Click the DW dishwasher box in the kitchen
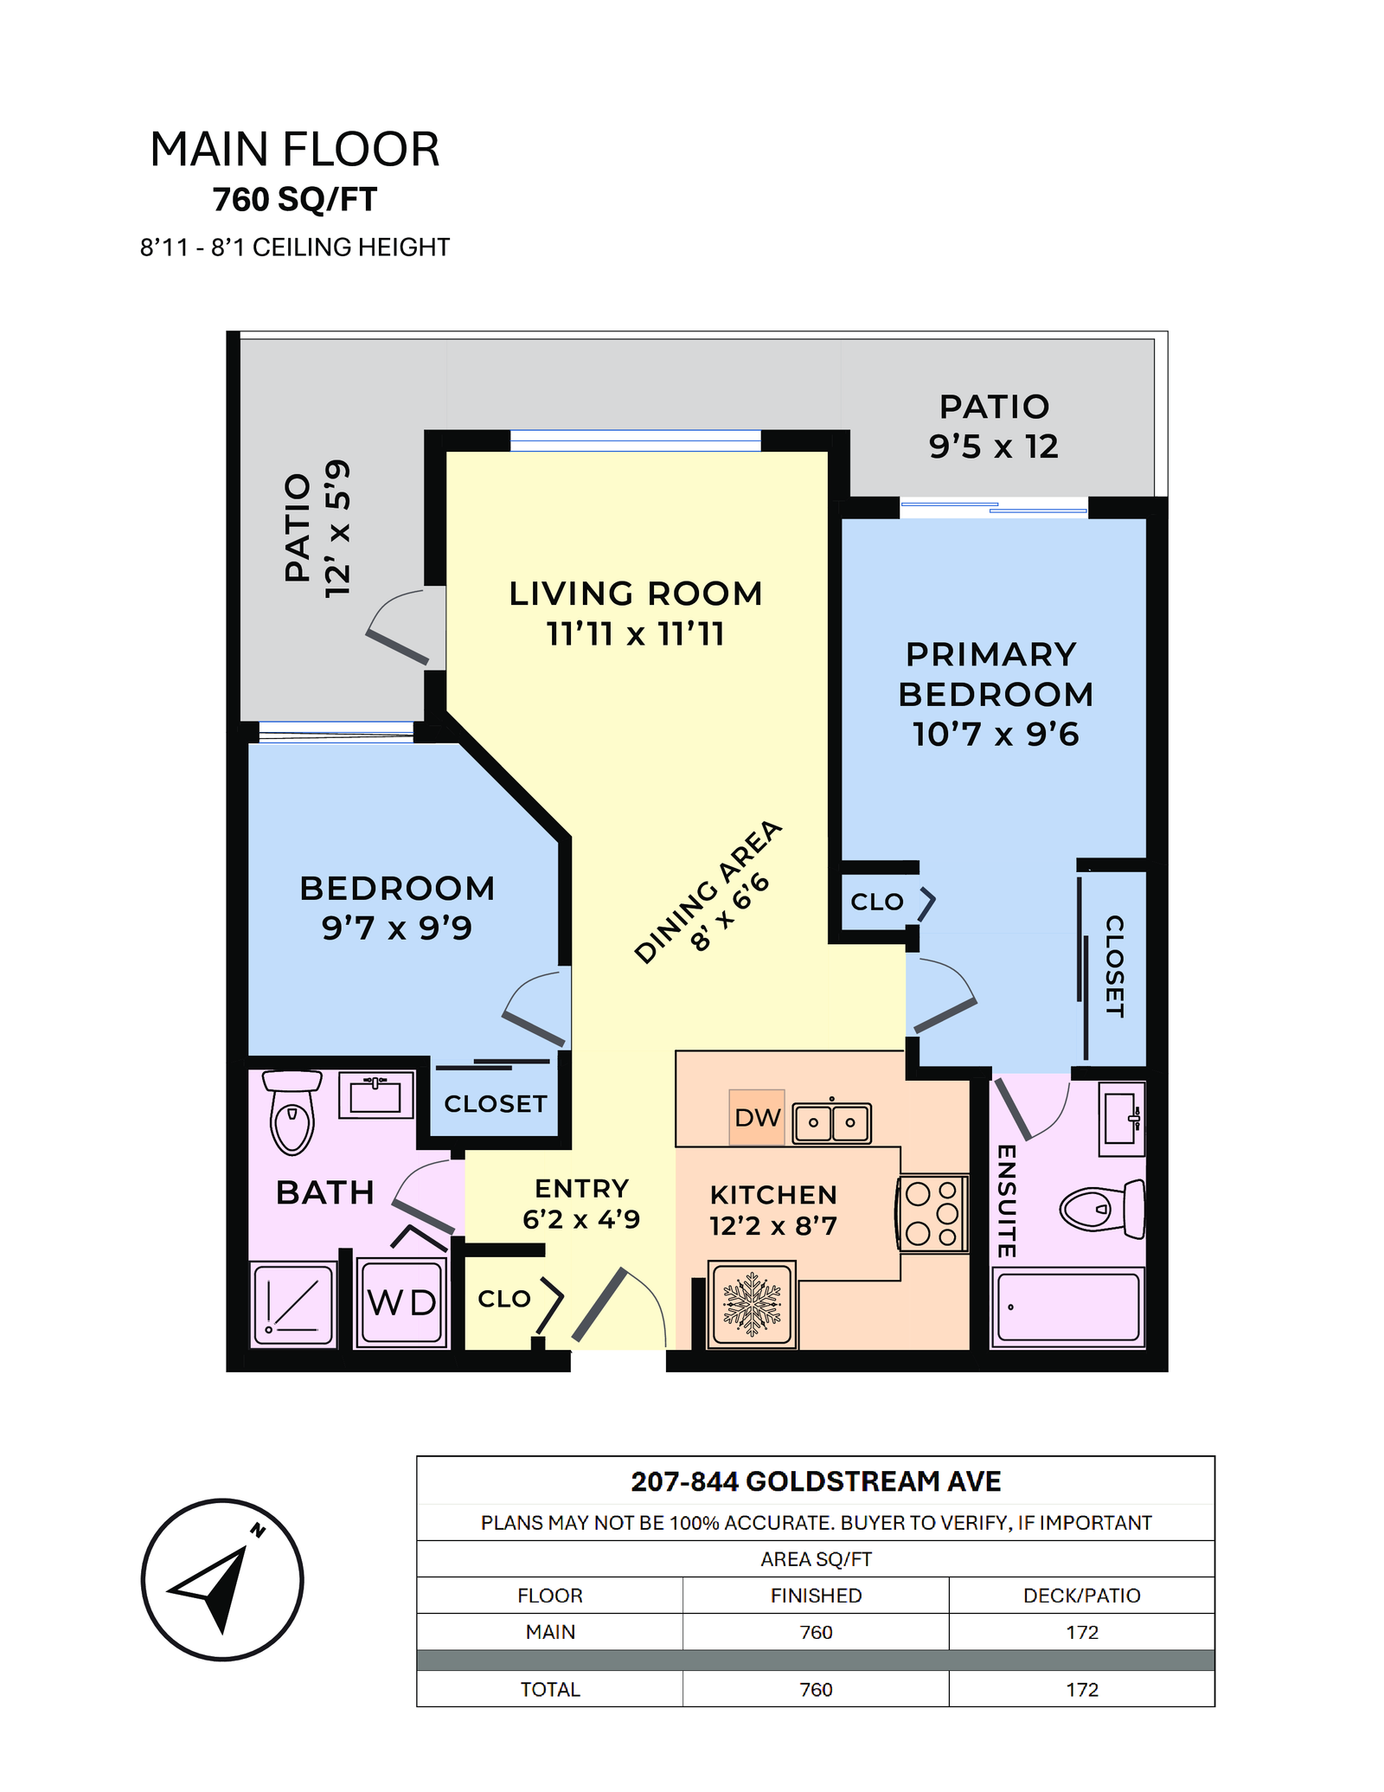[756, 1117]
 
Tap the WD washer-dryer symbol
[401, 1302]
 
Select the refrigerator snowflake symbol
[752, 1304]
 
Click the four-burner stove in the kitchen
[932, 1213]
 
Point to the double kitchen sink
[831, 1122]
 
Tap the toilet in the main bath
[292, 1113]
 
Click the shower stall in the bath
[293, 1304]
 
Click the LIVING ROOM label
[636, 594]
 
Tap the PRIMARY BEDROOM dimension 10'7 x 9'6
[996, 734]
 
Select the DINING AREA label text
[708, 891]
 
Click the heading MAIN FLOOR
[295, 149]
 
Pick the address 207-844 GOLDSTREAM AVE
[816, 1481]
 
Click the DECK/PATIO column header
[1081, 1596]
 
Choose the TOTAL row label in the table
[550, 1689]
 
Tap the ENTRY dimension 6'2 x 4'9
[581, 1219]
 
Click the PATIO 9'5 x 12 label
[994, 427]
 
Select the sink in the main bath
[375, 1095]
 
